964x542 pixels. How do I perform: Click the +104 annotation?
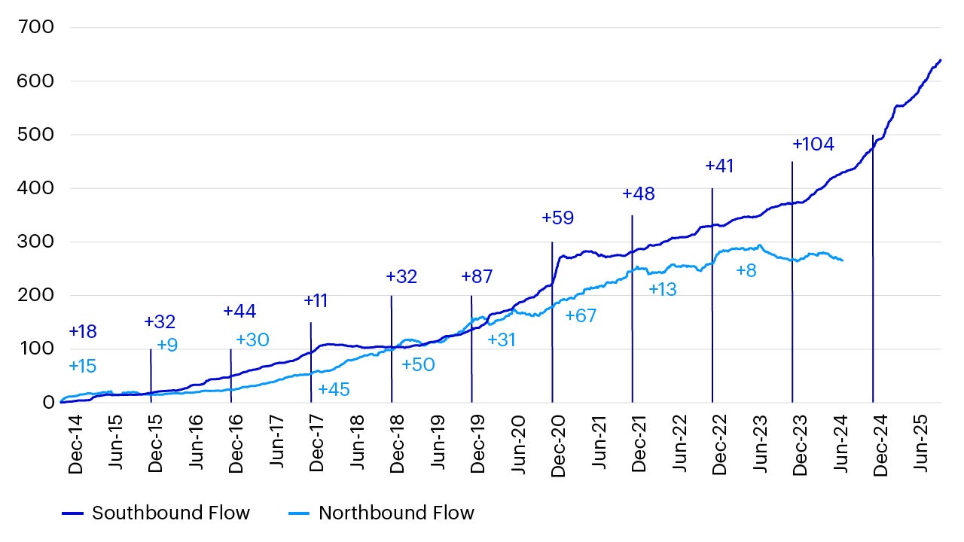[x=813, y=145]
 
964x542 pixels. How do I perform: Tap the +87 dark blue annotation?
[x=477, y=276]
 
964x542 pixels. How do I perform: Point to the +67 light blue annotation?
[x=581, y=316]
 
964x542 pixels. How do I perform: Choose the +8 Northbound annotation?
[x=746, y=270]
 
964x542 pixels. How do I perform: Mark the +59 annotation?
[x=557, y=218]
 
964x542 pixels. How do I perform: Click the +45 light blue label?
[x=334, y=390]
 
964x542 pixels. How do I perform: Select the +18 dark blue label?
[x=83, y=331]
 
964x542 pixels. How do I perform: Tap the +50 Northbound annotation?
[x=418, y=365]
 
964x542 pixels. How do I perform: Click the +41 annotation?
[x=719, y=166]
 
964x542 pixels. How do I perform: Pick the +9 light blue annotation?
[x=167, y=345]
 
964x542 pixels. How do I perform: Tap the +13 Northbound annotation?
[x=663, y=289]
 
